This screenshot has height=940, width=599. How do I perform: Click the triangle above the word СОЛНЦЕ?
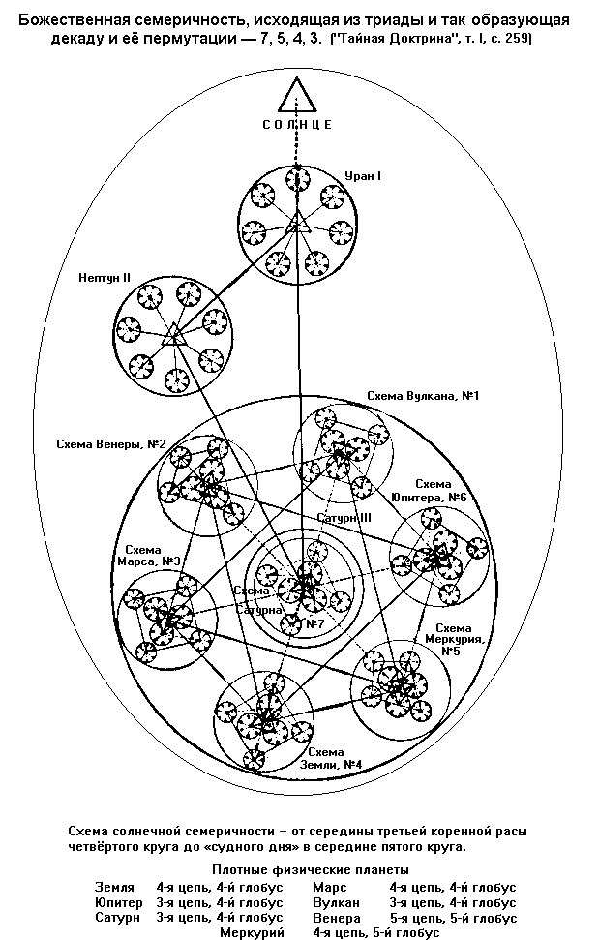pyautogui.click(x=298, y=96)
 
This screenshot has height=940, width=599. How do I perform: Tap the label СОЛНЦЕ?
pyautogui.click(x=298, y=124)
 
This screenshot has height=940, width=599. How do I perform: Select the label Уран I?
pyautogui.click(x=363, y=176)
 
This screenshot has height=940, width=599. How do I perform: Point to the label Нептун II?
pyautogui.click(x=106, y=277)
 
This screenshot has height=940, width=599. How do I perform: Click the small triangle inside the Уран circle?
pyautogui.click(x=297, y=226)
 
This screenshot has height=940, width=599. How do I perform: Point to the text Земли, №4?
pyautogui.click(x=333, y=765)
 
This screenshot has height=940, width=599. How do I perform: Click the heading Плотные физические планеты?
pyautogui.click(x=312, y=870)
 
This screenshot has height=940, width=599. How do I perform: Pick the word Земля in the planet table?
pyautogui.click(x=113, y=887)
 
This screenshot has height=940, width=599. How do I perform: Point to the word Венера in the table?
pyautogui.click(x=338, y=918)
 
